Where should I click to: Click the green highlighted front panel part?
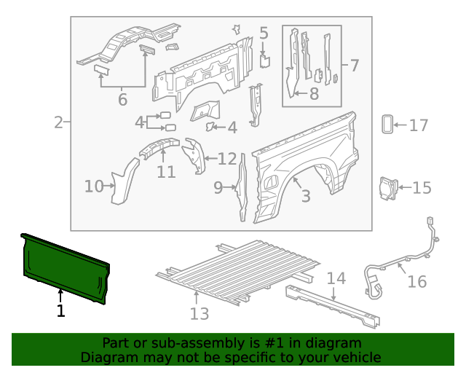pos(66,267)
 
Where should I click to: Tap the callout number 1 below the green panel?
pos(60,311)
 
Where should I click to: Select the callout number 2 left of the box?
pos(58,122)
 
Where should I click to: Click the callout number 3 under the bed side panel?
pos(305,195)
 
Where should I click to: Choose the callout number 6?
pos(122,99)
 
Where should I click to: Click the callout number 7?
pos(354,66)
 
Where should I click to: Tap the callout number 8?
pos(314,93)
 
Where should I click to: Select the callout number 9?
pos(218,188)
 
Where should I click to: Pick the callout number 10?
pos(94,186)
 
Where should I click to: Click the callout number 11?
pos(166,172)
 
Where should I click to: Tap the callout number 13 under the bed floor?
pos(199,313)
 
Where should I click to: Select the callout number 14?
pos(336,278)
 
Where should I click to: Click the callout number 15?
pos(422,188)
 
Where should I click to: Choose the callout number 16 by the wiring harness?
pos(416,281)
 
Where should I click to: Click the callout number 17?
pos(418,125)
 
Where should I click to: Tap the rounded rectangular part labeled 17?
pos(387,125)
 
